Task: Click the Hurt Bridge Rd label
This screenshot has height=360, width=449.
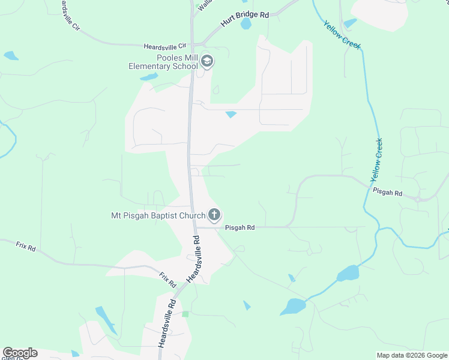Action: click(244, 18)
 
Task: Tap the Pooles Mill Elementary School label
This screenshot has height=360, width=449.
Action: click(163, 62)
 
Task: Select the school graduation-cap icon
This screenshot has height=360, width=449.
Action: click(207, 61)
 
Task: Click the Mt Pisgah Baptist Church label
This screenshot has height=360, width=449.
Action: click(158, 215)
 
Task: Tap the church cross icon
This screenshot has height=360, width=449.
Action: click(214, 215)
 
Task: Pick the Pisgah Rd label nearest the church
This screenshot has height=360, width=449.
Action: click(240, 228)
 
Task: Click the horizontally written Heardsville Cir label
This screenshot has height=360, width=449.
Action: click(166, 46)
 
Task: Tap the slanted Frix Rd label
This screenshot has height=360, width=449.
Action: click(167, 278)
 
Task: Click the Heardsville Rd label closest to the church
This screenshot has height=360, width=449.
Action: click(194, 259)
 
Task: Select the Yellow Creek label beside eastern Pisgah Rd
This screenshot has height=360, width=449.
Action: click(377, 160)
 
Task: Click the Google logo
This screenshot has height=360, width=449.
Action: click(20, 353)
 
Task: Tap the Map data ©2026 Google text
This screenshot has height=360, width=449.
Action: click(412, 355)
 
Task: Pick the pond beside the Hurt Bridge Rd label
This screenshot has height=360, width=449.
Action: click(246, 24)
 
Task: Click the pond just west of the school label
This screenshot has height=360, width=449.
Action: click(148, 77)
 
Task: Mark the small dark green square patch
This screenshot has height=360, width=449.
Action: click(185, 314)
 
